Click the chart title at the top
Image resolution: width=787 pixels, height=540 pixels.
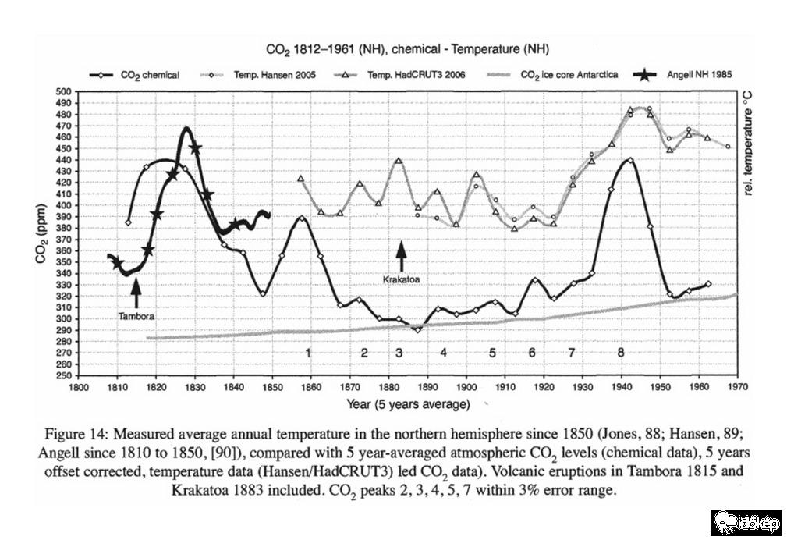[408, 49]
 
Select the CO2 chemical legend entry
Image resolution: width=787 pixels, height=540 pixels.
[150, 75]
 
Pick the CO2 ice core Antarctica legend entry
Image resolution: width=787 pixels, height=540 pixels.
[569, 75]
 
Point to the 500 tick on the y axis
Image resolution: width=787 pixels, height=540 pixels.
[62, 92]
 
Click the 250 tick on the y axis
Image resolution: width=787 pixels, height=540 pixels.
[62, 375]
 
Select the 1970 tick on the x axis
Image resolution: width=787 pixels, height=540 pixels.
[738, 386]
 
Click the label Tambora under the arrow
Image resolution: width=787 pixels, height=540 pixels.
[136, 318]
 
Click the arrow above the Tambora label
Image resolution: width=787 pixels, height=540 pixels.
[136, 293]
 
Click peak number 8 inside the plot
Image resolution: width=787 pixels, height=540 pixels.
[621, 353]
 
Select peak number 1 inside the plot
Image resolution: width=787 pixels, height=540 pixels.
[309, 353]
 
